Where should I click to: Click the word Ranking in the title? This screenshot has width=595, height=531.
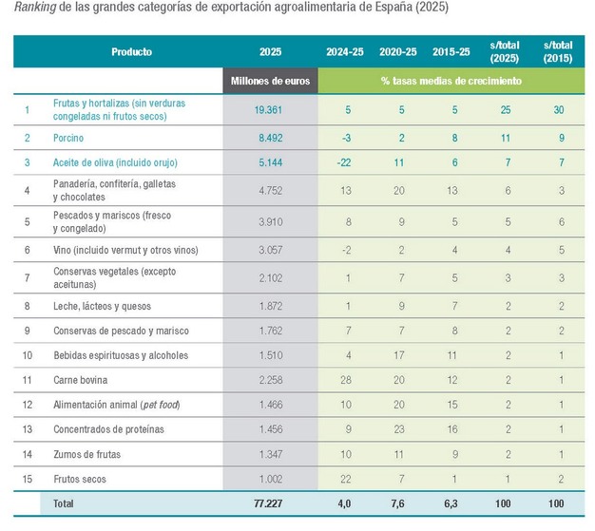pyautogui.click(x=34, y=8)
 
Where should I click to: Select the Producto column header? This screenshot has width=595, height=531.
pyautogui.click(x=131, y=51)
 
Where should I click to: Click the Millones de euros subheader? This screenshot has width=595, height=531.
pyautogui.click(x=270, y=81)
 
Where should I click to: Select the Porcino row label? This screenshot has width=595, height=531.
pyautogui.click(x=79, y=138)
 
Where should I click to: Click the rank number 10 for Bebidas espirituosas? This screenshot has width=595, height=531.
pyautogui.click(x=29, y=355)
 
